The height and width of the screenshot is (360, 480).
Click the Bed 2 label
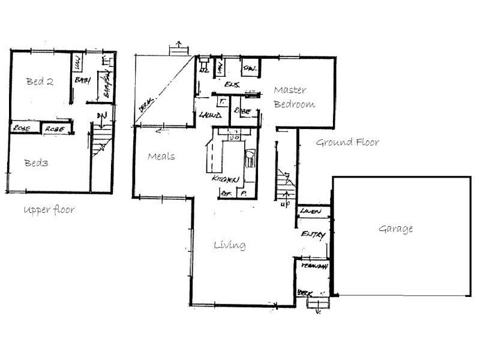pyautogui.click(x=40, y=82)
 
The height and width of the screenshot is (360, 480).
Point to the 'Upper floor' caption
pyautogui.click(x=49, y=210)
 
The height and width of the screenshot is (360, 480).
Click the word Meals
pyautogui.click(x=161, y=157)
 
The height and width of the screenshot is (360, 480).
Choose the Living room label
pyautogui.click(x=230, y=245)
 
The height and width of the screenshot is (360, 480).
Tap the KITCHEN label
pyautogui.click(x=226, y=179)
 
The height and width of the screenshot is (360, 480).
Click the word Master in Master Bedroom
pyautogui.click(x=290, y=91)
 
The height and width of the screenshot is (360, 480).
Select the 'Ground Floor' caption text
pyautogui.click(x=347, y=143)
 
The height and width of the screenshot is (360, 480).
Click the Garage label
pyautogui.click(x=395, y=229)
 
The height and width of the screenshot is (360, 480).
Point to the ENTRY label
pyautogui.click(x=313, y=235)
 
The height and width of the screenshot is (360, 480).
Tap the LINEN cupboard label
pyautogui.click(x=310, y=211)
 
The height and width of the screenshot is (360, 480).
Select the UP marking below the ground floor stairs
pyautogui.click(x=284, y=203)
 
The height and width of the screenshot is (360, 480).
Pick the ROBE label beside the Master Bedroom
pyautogui.click(x=243, y=111)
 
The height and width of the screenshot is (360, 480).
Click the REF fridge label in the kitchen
pyautogui.click(x=227, y=193)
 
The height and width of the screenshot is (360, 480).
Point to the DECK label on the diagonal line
pyautogui.click(x=146, y=105)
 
